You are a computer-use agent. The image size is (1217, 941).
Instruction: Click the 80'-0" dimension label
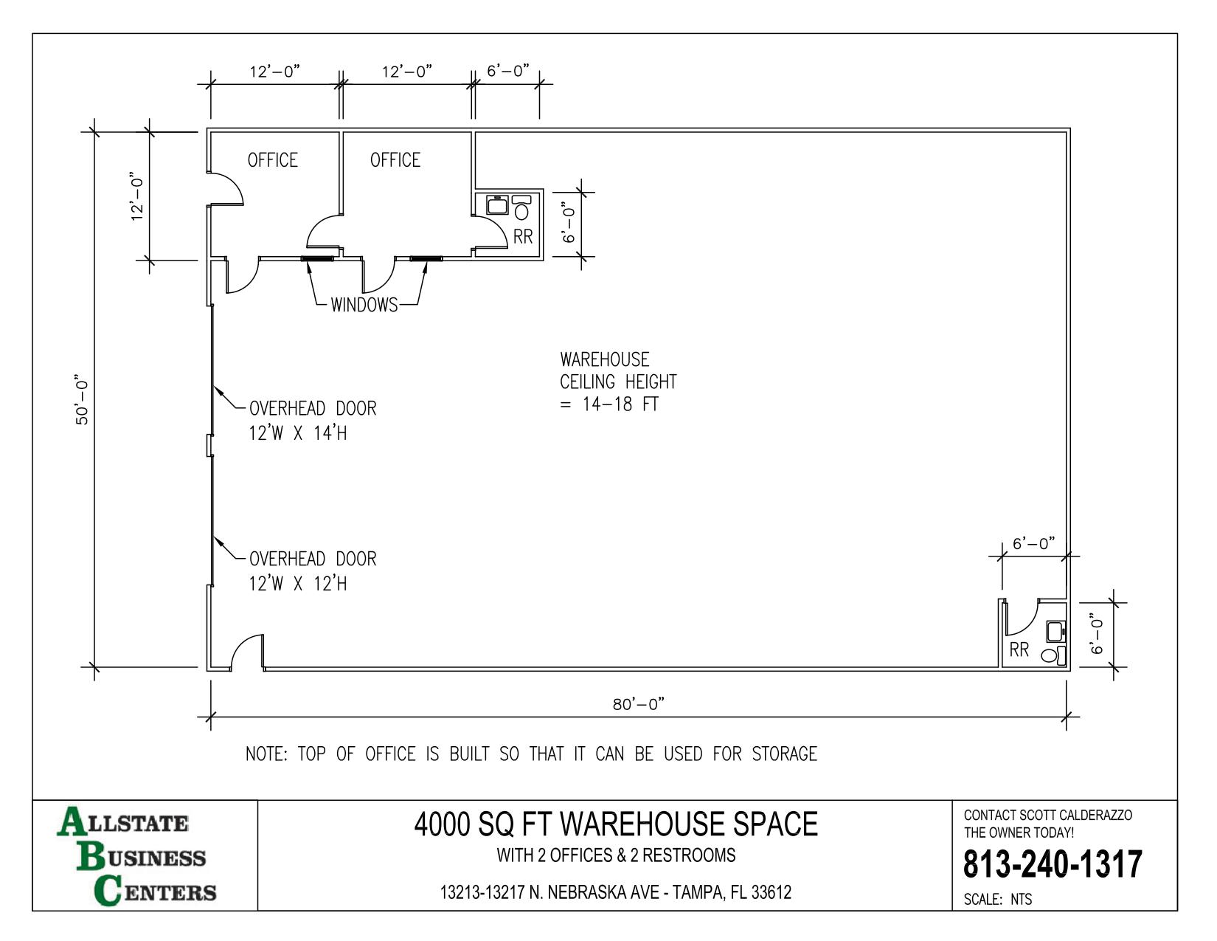[x=639, y=704]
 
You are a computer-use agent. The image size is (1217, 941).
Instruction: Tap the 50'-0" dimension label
[x=82, y=399]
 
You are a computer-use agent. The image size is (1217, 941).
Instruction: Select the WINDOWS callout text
[x=364, y=305]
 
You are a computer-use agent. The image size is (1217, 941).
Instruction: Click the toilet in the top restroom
[x=521, y=207]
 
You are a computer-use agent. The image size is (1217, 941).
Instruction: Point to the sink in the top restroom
[x=497, y=205]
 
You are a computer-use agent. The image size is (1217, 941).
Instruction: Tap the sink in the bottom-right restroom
[x=1055, y=631]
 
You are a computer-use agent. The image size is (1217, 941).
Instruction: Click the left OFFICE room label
[x=273, y=160]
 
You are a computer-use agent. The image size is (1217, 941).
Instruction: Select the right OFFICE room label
[x=395, y=160]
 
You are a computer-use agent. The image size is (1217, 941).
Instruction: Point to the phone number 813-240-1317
[x=1053, y=864]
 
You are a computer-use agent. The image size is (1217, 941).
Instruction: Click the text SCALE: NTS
[x=997, y=900]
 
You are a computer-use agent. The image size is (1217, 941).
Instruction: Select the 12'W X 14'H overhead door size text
[x=298, y=433]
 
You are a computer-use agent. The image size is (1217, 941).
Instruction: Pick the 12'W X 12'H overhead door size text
[x=298, y=584]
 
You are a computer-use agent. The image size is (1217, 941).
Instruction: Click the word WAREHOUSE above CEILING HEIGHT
[x=605, y=359]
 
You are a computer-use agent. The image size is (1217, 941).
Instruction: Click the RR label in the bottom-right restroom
[x=1019, y=650]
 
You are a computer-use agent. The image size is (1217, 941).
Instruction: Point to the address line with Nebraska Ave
[x=616, y=892]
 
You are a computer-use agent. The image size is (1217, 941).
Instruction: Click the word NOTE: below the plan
[x=266, y=754]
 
